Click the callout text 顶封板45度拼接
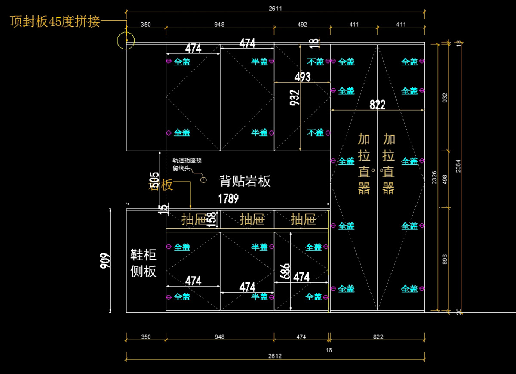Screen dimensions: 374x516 55,22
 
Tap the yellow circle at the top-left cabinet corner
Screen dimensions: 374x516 126,40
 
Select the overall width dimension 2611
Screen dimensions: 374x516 276,8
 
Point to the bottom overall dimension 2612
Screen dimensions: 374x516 275,356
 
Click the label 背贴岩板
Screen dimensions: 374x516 245,181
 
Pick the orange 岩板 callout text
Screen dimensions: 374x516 161,185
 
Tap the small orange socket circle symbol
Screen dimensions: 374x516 204,179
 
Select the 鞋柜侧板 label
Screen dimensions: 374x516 143,263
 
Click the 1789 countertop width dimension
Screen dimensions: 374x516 228,198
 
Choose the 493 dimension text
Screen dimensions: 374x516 302,77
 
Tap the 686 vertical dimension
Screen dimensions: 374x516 285,271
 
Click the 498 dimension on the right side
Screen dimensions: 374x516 445,179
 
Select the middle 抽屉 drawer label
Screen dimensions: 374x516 252,220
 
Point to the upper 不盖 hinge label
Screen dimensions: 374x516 315,62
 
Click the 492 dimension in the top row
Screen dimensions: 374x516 302,25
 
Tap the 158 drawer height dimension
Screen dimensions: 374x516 212,219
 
